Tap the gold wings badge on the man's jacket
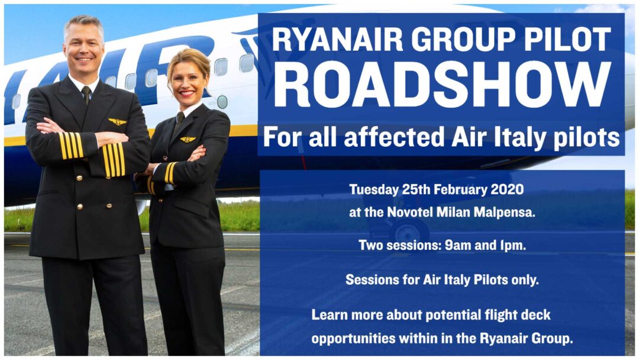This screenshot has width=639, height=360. pos(117,122)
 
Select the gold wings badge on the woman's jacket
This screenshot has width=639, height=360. pos(188,140)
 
